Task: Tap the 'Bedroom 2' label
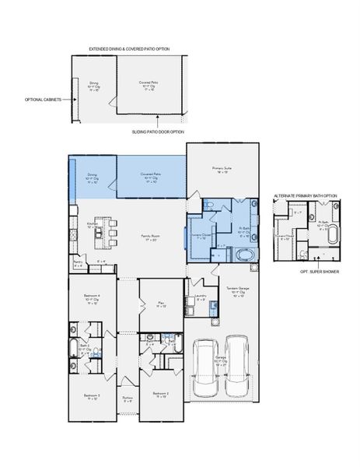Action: click(161, 395)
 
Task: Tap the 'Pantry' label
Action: click(78, 263)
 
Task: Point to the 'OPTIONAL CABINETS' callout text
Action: click(42, 100)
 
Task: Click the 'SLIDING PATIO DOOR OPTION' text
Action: click(159, 132)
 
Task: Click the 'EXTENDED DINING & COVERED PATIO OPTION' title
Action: click(129, 48)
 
